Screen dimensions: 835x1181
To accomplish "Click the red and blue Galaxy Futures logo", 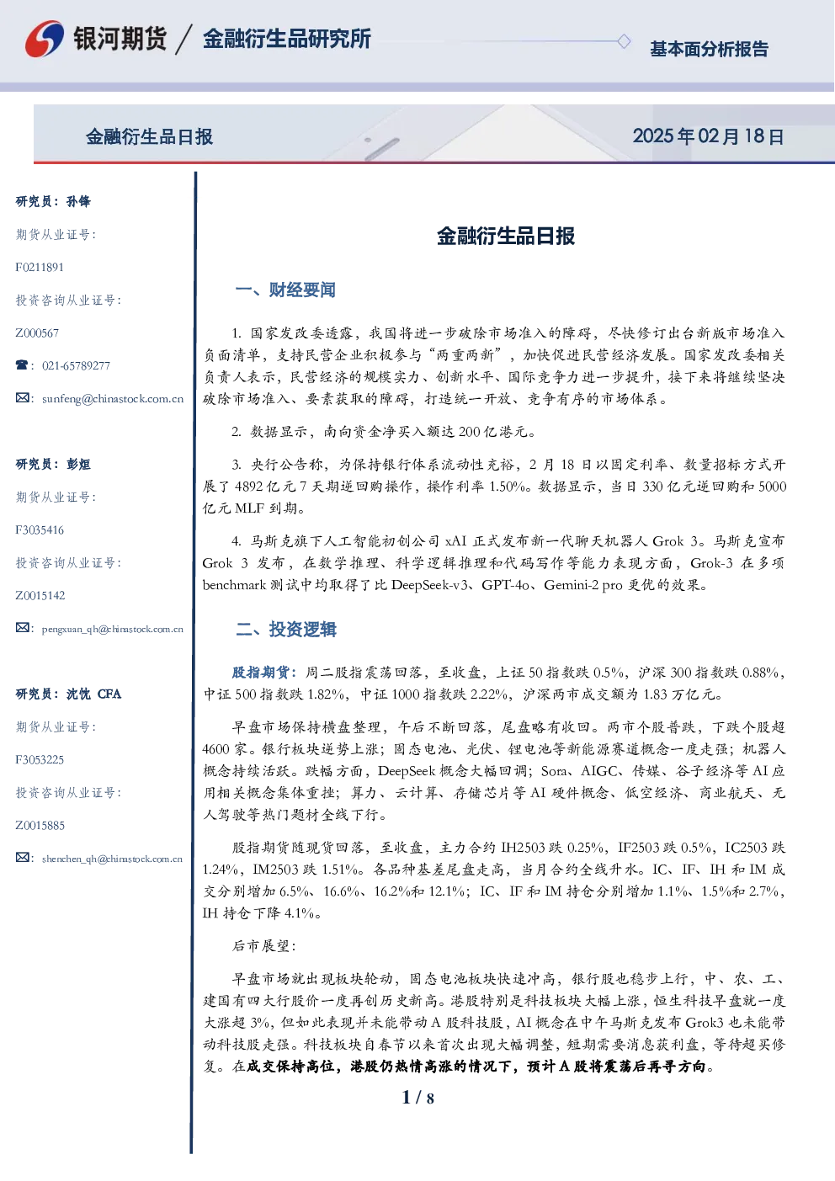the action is coord(45,39).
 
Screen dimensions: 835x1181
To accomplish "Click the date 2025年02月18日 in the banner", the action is coord(708,136).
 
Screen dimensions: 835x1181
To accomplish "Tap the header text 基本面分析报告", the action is coord(709,49).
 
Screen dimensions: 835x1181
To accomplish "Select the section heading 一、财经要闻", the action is coord(285,290).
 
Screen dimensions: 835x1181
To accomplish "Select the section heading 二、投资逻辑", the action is coord(285,629).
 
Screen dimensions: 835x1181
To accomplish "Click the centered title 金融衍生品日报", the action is coord(506,236).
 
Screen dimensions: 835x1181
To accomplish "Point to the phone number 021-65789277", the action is coord(76,366).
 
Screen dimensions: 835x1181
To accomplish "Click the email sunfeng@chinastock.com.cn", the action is coord(113,399).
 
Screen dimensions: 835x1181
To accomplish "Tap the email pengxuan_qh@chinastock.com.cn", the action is coord(113,629).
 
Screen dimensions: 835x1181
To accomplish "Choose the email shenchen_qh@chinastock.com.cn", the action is coord(112,859).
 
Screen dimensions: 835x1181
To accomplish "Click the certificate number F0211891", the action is coord(40,268).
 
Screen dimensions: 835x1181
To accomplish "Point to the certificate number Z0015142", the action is coord(40,596).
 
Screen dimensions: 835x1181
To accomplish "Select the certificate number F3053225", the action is coord(40,760).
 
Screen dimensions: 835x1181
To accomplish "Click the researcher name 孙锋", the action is coord(78,201).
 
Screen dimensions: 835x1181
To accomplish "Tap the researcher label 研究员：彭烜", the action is coord(53,464).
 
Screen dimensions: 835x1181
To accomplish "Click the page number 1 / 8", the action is coord(417,1098).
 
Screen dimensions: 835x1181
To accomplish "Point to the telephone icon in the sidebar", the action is coord(22,364).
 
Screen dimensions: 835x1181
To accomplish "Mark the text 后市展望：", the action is coord(263,946).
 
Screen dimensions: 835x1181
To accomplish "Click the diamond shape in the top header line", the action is coord(624,41).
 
